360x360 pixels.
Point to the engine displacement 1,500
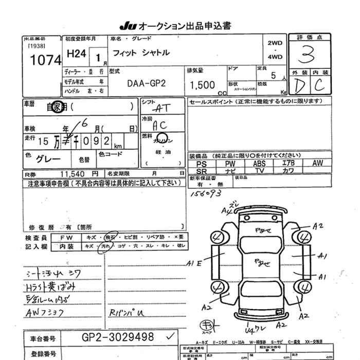203,84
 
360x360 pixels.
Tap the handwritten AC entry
159,125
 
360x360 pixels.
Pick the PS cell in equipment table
202,163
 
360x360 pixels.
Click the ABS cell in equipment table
259,163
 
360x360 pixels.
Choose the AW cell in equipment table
317,163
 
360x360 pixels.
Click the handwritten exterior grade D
299,86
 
